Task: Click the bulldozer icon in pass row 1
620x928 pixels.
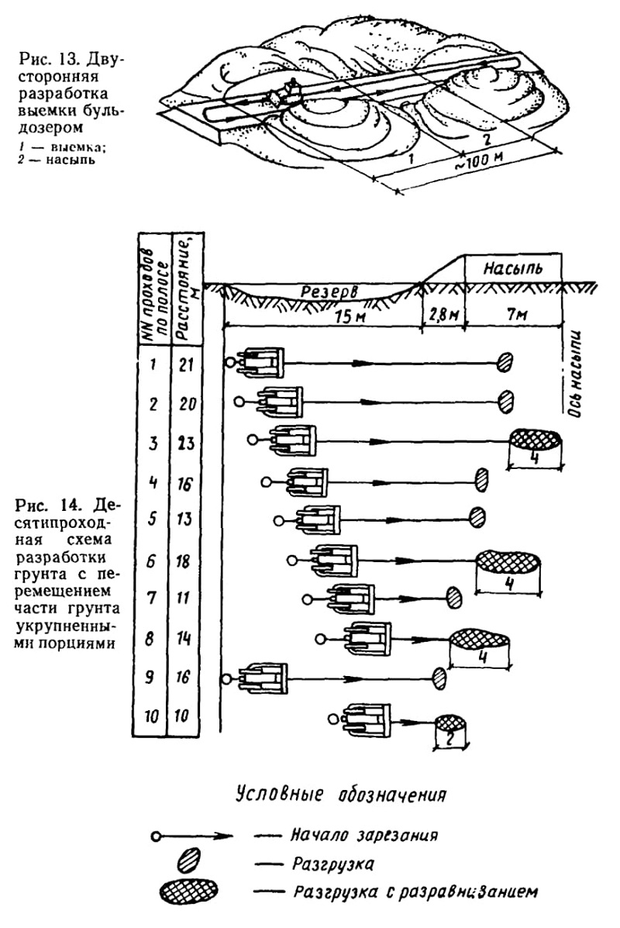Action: [x=261, y=362]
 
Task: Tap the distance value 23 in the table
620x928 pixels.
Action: [x=186, y=443]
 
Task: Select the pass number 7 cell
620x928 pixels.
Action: [x=153, y=599]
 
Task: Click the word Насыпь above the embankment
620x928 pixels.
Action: [x=512, y=269]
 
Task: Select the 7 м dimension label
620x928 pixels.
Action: [x=516, y=316]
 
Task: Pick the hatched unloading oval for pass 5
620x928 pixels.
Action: [x=477, y=516]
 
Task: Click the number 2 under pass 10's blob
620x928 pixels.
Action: [x=450, y=740]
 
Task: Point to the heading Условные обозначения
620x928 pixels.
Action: [x=340, y=794]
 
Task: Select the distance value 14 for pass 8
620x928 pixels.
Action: [x=184, y=639]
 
